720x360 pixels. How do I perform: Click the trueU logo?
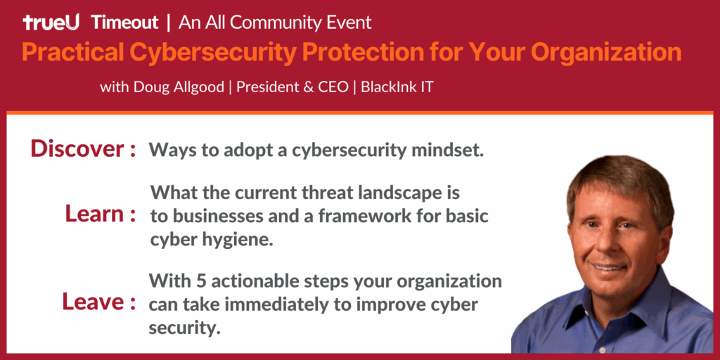(x=51, y=22)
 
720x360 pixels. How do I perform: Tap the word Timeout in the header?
(x=125, y=22)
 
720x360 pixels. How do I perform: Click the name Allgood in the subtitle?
(x=202, y=87)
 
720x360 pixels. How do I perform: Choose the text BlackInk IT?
(x=397, y=86)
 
